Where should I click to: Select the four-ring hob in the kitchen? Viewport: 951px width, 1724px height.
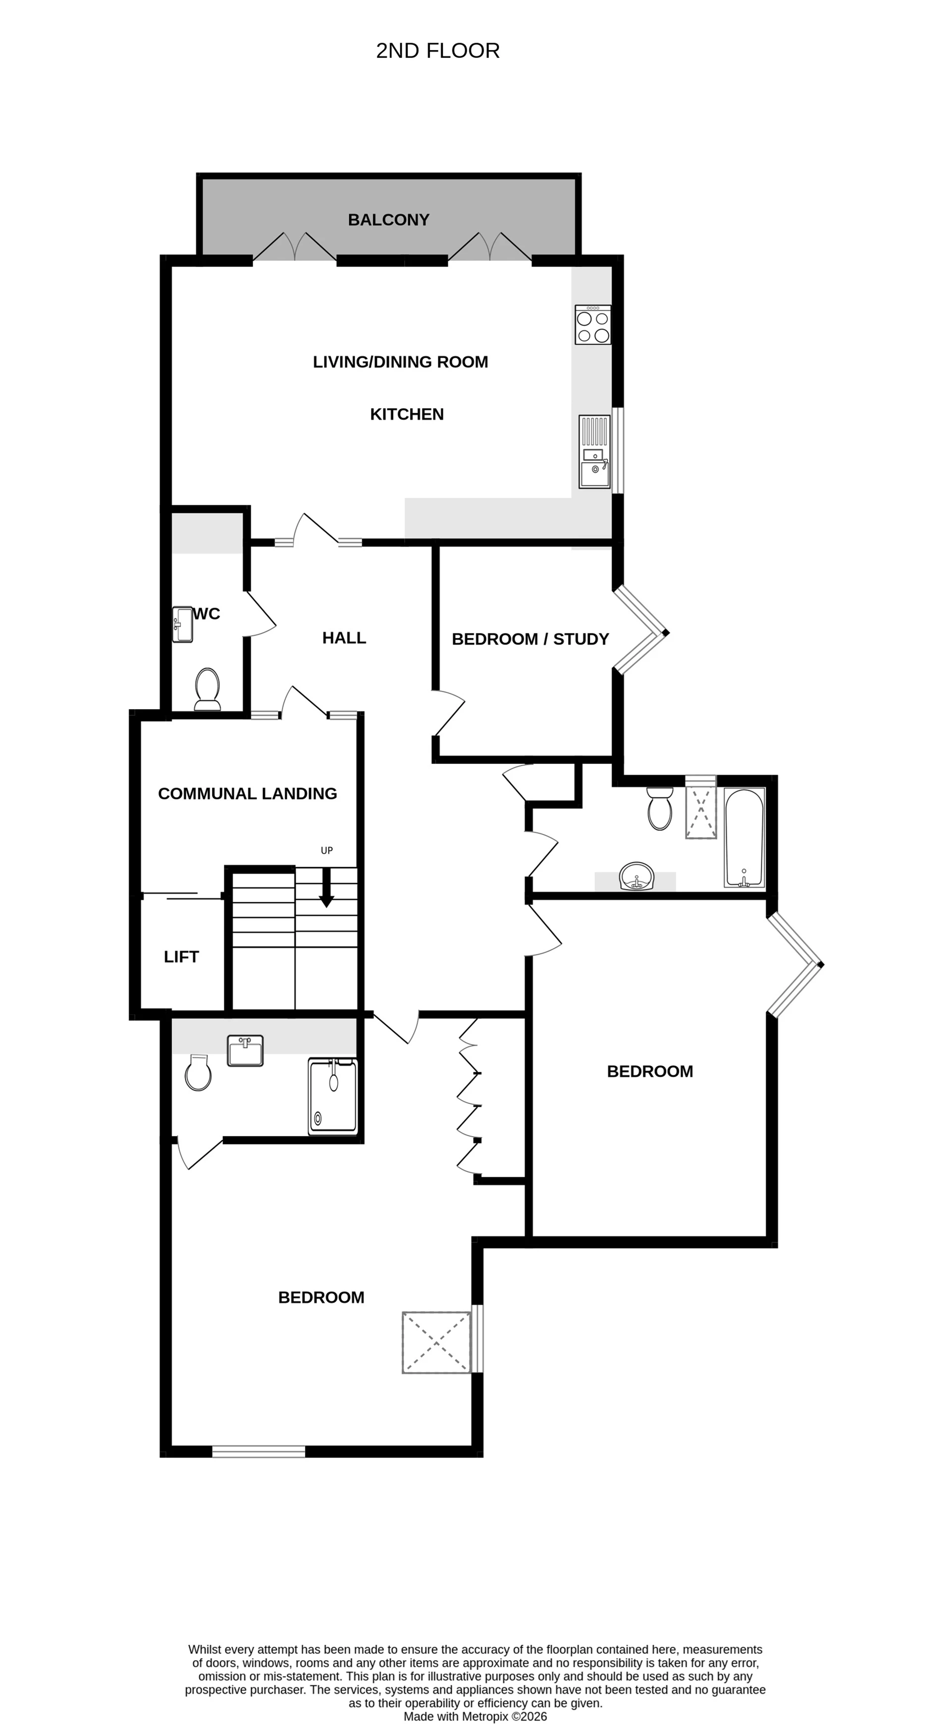tap(593, 325)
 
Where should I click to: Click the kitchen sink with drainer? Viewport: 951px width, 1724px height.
tap(594, 452)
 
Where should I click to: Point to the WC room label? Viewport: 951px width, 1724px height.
tap(207, 614)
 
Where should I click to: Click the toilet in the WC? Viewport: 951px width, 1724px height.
tap(208, 688)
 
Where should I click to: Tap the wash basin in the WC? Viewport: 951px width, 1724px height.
tap(183, 625)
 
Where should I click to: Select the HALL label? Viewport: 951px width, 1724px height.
tap(344, 638)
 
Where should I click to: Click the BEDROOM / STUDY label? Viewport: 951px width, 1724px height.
tap(530, 639)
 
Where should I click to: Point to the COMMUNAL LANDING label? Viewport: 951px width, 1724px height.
tap(247, 794)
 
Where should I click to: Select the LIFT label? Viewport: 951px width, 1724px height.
tap(181, 957)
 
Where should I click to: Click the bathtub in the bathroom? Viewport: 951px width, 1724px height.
tap(744, 838)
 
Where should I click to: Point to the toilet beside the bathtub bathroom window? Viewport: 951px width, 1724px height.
tap(660, 808)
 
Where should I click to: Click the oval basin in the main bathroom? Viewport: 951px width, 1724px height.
tap(636, 877)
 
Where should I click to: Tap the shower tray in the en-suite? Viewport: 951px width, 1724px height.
tap(333, 1096)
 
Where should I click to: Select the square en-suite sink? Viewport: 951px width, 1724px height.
tap(245, 1051)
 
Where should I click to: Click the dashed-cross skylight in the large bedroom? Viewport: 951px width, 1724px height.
tap(436, 1343)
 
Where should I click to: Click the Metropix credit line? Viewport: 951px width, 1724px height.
tap(475, 1717)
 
